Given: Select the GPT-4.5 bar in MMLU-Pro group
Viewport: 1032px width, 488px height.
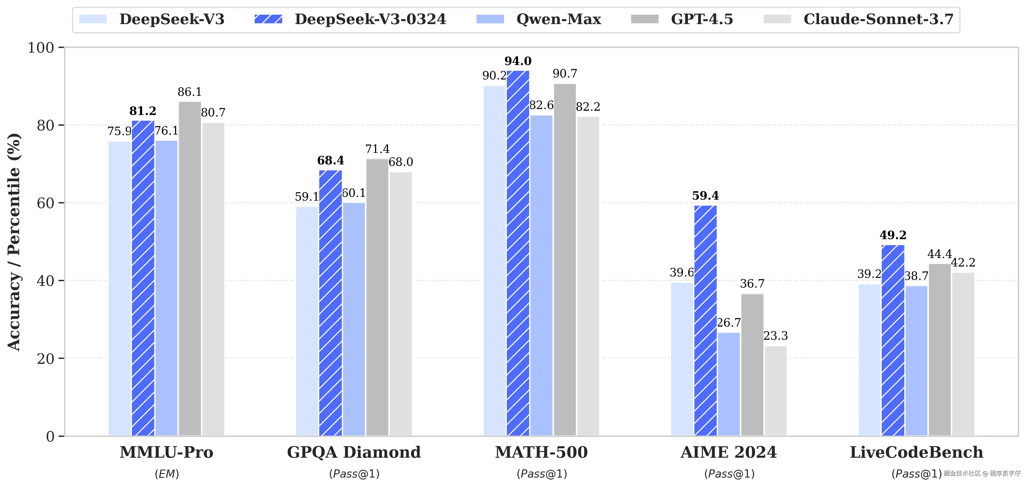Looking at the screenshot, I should coord(190,268).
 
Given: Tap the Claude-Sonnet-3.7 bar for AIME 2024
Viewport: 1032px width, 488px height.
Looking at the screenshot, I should coord(776,391).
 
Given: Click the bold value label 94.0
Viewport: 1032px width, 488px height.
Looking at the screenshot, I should coord(518,61).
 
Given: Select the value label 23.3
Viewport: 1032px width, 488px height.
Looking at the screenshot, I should coord(776,336).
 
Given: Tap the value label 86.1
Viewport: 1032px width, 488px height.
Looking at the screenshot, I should coord(190,92).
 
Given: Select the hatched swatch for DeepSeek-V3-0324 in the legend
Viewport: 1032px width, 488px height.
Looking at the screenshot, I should coord(268,19).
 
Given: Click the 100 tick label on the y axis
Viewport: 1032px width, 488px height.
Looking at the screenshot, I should coord(40,48).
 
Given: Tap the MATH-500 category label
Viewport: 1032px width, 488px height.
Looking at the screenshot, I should coord(541,452).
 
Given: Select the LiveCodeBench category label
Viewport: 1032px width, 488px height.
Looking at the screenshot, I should coord(917,452).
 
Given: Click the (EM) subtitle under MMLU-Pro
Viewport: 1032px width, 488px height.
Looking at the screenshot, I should coord(167,474).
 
